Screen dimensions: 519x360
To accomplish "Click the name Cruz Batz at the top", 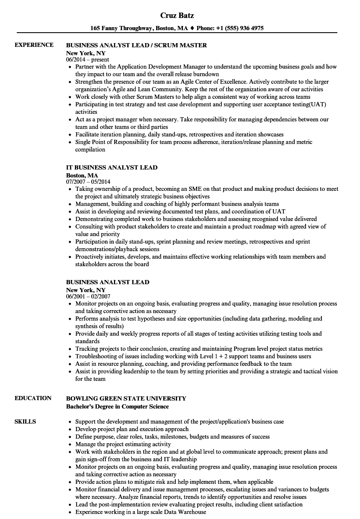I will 177,15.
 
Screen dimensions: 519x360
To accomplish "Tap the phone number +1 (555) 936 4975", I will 240,28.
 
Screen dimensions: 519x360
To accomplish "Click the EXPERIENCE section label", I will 34,45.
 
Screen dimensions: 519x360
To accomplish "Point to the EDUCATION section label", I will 33,398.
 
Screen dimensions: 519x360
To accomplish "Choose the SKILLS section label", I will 25,421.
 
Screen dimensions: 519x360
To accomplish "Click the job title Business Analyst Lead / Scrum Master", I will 136,45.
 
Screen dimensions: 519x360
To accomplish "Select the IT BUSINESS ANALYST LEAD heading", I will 112,167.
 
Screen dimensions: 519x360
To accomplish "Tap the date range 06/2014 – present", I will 87,60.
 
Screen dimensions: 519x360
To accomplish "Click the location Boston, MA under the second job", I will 82,175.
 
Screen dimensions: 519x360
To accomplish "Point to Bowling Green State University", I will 126,398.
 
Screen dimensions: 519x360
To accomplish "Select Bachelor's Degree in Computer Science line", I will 118,406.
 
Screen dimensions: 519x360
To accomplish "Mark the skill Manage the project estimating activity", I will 123,444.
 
